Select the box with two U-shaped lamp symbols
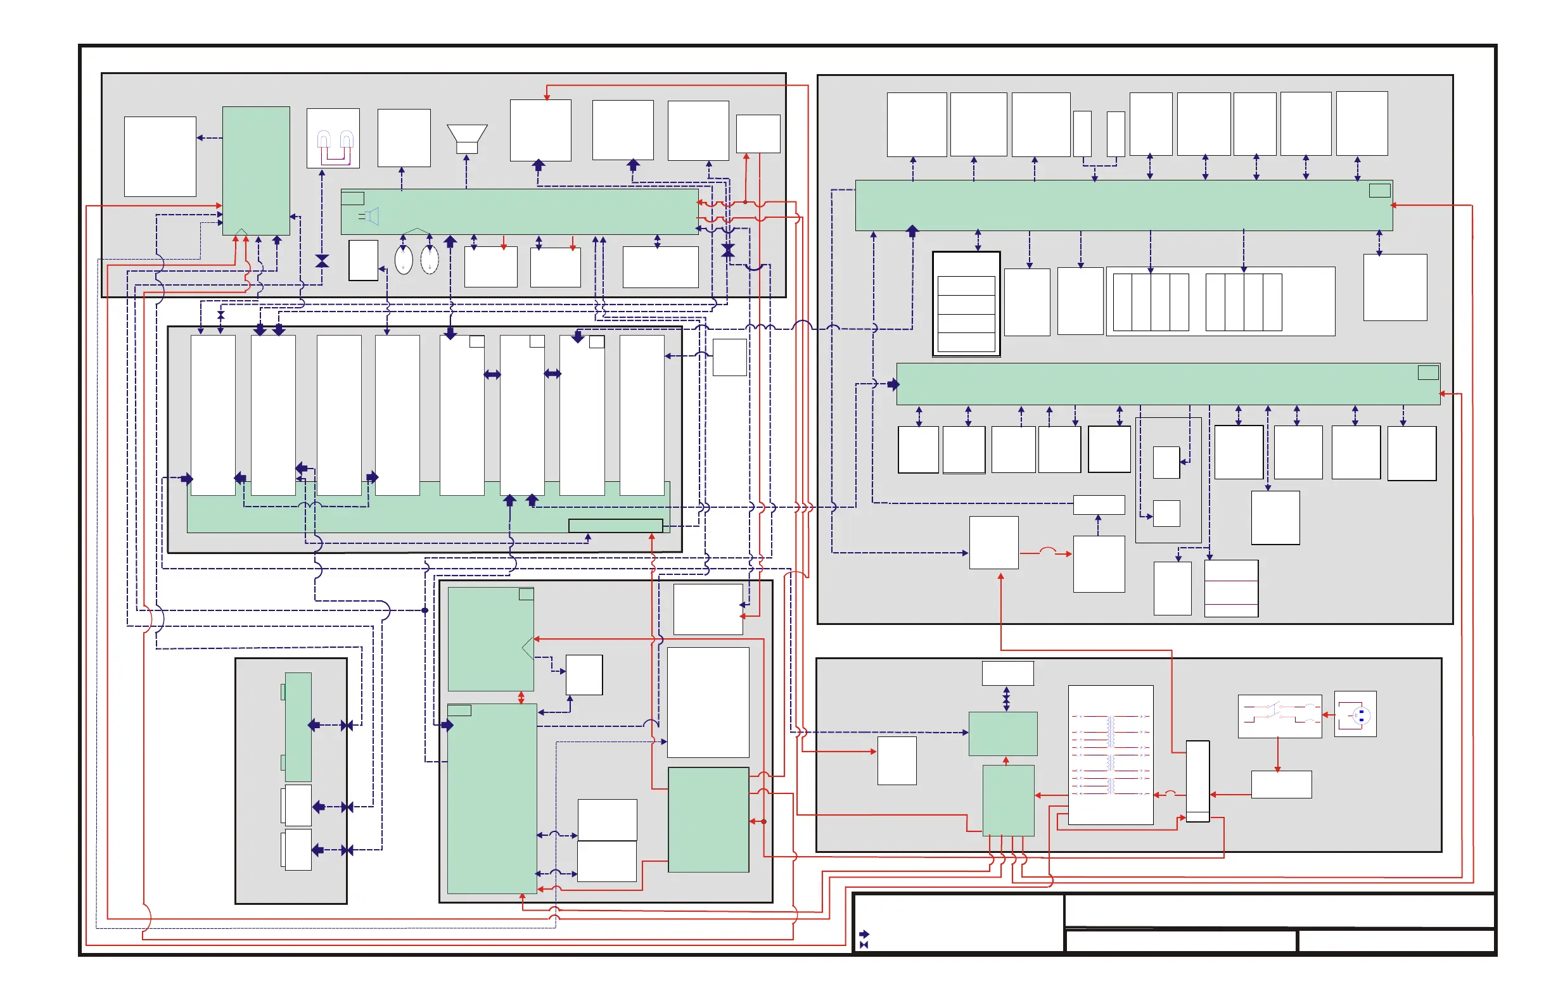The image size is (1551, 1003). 333,138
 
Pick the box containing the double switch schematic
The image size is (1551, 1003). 1279,716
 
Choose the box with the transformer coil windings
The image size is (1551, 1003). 1111,755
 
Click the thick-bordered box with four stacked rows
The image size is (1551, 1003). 966,303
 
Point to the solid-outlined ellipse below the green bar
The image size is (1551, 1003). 404,260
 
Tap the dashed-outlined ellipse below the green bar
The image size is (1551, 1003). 430,260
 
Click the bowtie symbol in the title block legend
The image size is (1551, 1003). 864,944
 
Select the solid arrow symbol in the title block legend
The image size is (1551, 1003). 864,934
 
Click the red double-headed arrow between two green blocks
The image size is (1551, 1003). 521,698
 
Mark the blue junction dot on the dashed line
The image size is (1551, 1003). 425,610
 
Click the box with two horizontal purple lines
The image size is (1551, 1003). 1231,588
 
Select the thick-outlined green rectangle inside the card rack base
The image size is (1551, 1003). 615,526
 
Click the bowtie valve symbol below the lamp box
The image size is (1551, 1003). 322,261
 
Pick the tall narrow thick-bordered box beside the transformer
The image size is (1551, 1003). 1198,781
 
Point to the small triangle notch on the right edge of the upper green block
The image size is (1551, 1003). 528,648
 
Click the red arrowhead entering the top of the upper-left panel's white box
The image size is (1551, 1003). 547,97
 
